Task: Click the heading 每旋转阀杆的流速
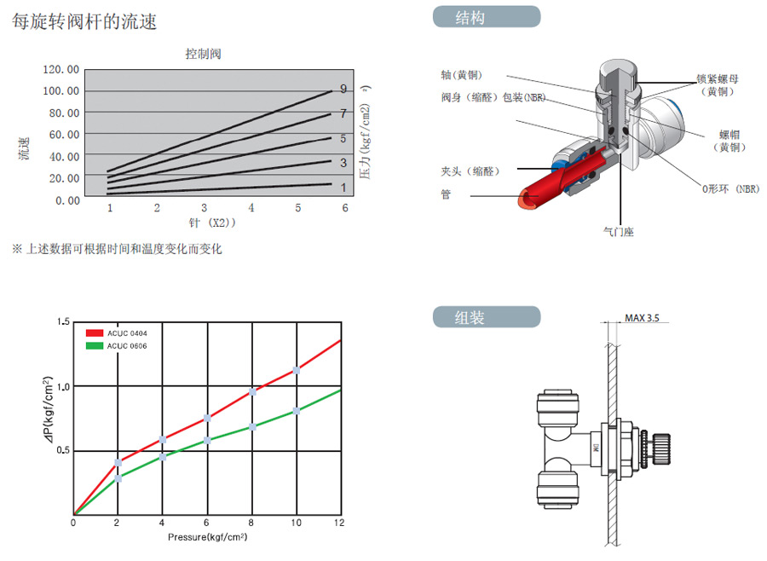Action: pos(84,22)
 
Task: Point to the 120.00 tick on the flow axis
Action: pos(61,69)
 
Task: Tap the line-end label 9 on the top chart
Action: pos(343,89)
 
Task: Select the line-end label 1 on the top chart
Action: pos(343,187)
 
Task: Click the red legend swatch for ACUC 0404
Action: pos(95,333)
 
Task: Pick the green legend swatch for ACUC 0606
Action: pos(95,345)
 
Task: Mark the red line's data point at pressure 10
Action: pos(297,370)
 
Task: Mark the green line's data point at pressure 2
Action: pos(118,478)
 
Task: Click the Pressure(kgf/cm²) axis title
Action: pos(208,537)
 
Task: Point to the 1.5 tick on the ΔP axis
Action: pos(62,321)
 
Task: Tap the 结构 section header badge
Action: pos(486,17)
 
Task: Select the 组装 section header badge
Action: pos(486,318)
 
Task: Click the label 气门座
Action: pos(618,231)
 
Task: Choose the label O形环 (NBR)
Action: pos(730,188)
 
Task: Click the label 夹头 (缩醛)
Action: pos(469,171)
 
